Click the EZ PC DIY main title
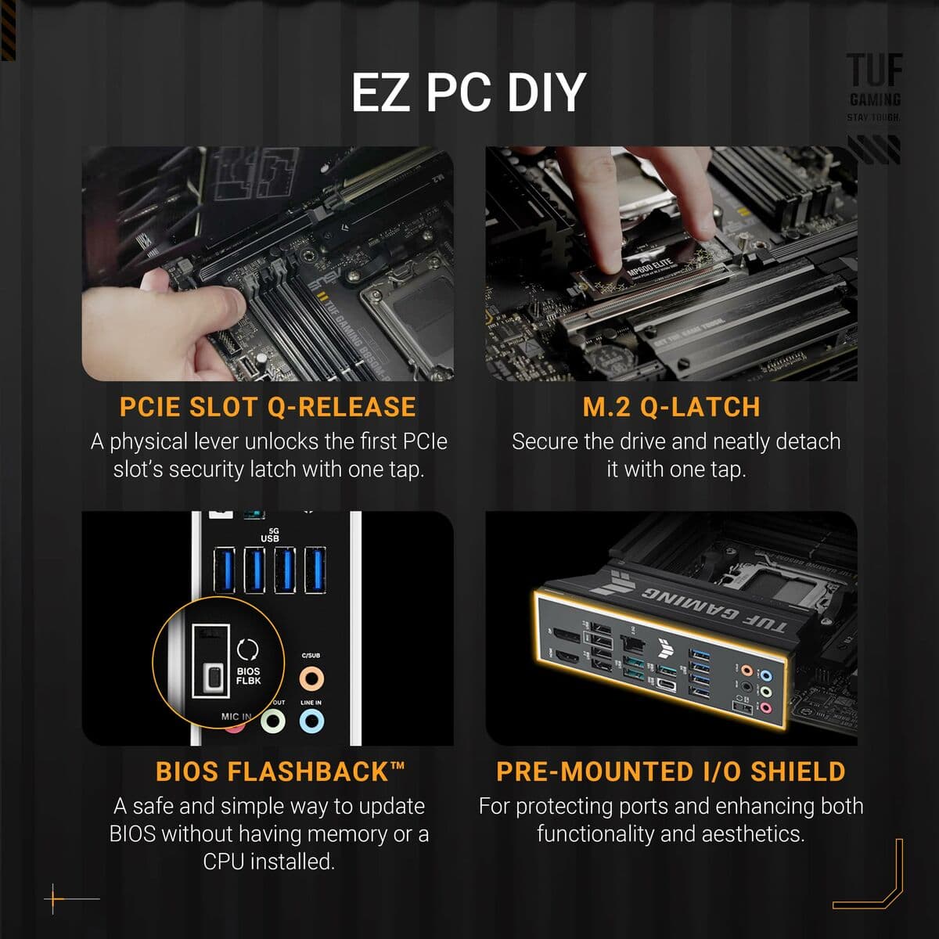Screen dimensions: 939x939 pos(468,92)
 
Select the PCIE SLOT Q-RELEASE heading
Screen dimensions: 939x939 pos(268,407)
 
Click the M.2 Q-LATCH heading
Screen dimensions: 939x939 pos(671,407)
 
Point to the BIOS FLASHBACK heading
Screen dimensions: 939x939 pos(280,772)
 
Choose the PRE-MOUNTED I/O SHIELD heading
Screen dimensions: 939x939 pos(671,772)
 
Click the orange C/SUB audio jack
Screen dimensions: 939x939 pos(311,678)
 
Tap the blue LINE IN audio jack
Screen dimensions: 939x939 pos(311,721)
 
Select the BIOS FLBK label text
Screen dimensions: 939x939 pos(249,676)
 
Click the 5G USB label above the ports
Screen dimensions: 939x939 pos(270,535)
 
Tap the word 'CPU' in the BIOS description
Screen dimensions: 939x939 pos(225,862)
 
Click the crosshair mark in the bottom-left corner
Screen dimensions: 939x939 pos(54,899)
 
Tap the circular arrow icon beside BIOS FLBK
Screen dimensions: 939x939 pos(248,649)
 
